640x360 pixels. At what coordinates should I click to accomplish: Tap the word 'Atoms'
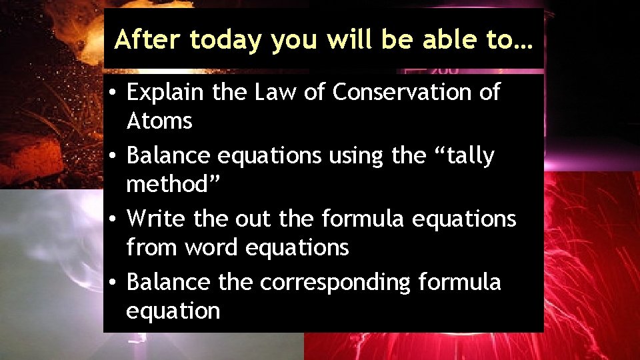(159, 121)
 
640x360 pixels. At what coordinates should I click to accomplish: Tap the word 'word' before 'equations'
(213, 248)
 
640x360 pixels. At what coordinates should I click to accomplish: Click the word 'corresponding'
(335, 283)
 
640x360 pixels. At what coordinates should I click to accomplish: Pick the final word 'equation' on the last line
(173, 311)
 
